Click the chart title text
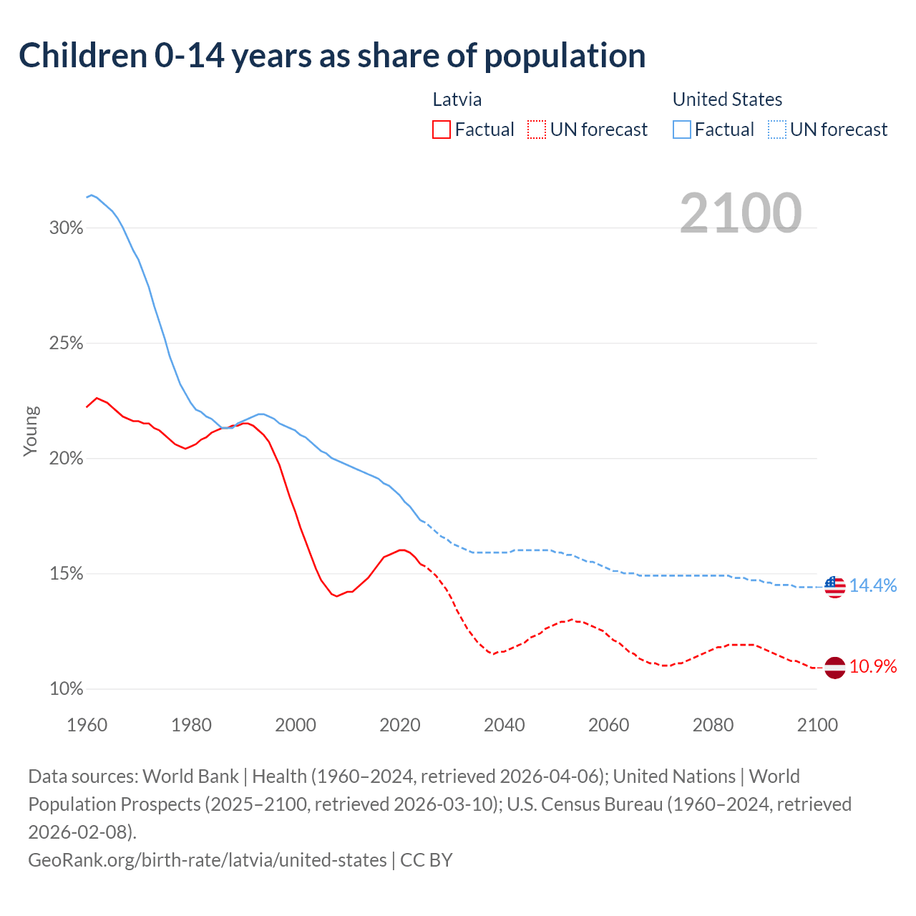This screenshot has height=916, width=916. coord(332,56)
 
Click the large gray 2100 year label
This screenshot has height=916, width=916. coord(741,213)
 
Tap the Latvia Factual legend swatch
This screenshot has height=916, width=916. coord(442,130)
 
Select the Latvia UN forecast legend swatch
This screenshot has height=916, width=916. coord(537,130)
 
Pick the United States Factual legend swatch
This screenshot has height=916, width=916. coord(682,130)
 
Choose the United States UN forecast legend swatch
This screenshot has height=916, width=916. coord(776,130)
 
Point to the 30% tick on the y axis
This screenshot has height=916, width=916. coord(67,228)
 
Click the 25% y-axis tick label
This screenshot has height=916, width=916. coord(67,343)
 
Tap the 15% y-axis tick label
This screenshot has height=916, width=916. coord(67,574)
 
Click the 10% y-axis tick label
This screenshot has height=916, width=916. coord(67,689)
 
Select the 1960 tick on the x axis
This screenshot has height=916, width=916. coord(87,725)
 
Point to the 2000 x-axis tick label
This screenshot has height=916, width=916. coord(296,725)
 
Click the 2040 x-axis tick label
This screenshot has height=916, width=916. coord(505,725)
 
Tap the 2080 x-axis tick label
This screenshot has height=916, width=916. coord(713,725)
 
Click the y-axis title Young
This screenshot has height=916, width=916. coord(31,431)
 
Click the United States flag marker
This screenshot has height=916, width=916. coord(834,587)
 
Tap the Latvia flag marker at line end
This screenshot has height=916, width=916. coord(834,668)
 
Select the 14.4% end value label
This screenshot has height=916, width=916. coord(873,585)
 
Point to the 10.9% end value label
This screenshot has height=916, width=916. coord(873,667)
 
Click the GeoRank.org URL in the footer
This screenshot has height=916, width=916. coord(208,859)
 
